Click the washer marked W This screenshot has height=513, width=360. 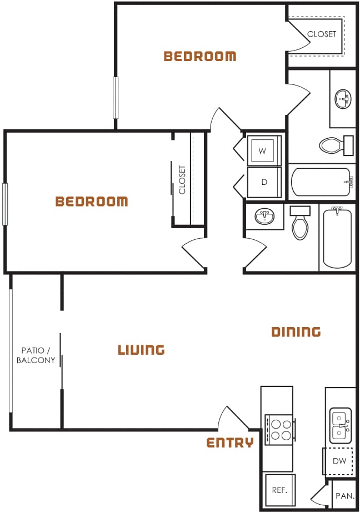pyautogui.click(x=263, y=150)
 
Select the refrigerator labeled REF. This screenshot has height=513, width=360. pyautogui.click(x=279, y=490)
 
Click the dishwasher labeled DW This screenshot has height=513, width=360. pyautogui.click(x=339, y=461)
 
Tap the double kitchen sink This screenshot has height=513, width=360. pyautogui.click(x=340, y=424)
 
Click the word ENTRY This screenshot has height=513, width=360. pyautogui.click(x=230, y=442)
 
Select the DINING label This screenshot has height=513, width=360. pyautogui.click(x=296, y=332)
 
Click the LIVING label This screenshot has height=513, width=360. pyautogui.click(x=141, y=350)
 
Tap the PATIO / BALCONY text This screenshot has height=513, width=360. pyautogui.click(x=36, y=355)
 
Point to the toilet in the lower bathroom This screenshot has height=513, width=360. pyautogui.click(x=300, y=224)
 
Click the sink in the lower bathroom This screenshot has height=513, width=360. pyautogui.click(x=264, y=215)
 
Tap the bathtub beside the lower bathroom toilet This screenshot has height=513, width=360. pyautogui.click(x=337, y=237)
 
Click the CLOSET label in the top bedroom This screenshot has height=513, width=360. pyautogui.click(x=322, y=34)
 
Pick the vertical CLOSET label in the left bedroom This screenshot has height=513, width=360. pyautogui.click(x=182, y=179)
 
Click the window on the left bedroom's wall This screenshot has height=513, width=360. pyautogui.click(x=5, y=204)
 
